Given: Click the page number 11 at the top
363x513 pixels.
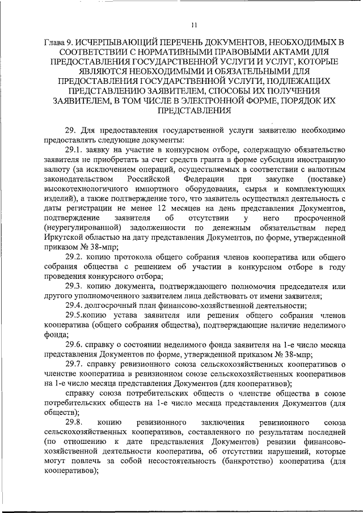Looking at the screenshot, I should (194, 24).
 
